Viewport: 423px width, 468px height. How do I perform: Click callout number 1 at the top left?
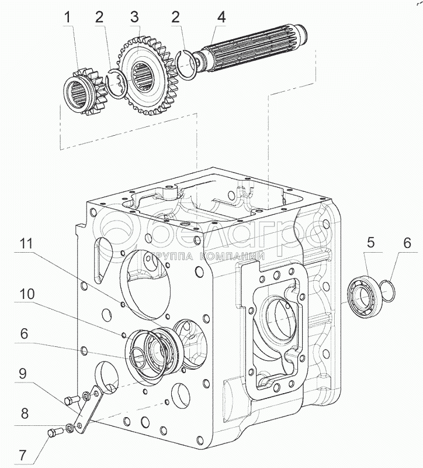click(68, 18)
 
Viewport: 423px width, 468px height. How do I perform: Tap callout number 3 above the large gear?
click(134, 18)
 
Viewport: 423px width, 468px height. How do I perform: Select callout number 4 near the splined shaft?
click(221, 18)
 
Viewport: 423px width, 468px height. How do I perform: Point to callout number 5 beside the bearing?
click(370, 243)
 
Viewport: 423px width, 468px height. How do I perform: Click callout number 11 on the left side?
click(26, 244)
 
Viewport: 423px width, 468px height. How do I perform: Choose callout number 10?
click(27, 294)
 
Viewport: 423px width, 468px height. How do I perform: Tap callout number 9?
click(23, 373)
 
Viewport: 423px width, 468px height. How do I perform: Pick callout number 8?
click(25, 414)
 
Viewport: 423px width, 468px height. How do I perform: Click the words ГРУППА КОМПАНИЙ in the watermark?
click(208, 256)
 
